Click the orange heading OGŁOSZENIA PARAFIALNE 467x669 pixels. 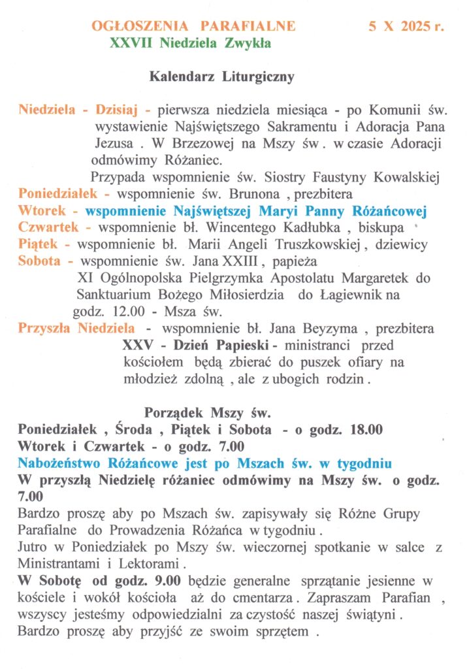click(193, 27)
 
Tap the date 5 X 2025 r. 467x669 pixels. click(406, 27)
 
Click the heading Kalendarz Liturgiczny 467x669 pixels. click(222, 76)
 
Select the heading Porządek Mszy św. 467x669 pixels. click(206, 414)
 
